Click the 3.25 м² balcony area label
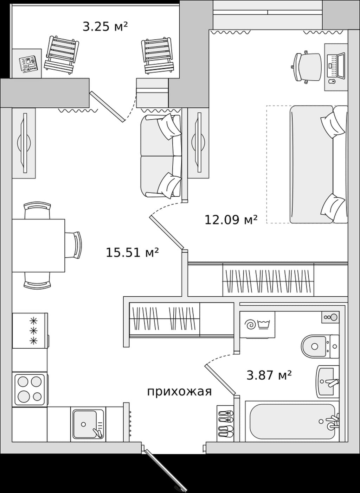[x=105, y=26]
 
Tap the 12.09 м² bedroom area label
[x=231, y=220]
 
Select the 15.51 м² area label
[x=132, y=252]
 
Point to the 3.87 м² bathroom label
[x=269, y=375]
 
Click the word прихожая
[x=179, y=392]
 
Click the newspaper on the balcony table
[x=28, y=64]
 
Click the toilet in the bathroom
[x=320, y=346]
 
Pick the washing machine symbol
[x=257, y=325]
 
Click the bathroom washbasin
[x=328, y=382]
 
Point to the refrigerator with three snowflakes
[x=30, y=330]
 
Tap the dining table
[x=38, y=245]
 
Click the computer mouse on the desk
[x=332, y=82]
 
